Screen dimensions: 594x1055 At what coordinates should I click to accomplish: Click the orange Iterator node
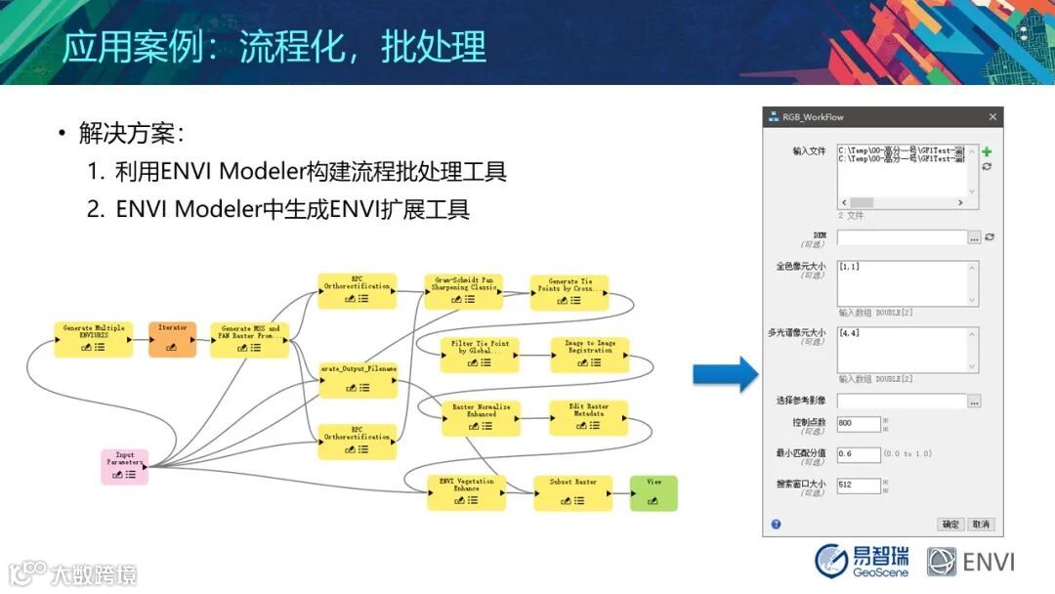tap(172, 338)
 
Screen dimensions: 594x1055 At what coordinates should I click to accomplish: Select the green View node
tap(653, 492)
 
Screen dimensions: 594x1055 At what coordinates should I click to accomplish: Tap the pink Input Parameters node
tap(124, 466)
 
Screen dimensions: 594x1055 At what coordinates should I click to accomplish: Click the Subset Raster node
tap(572, 492)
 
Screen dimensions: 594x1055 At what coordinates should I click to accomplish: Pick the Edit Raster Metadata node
tap(589, 417)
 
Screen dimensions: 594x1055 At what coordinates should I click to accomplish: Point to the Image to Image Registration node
tap(589, 355)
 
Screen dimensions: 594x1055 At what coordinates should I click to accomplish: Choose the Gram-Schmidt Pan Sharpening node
tap(463, 290)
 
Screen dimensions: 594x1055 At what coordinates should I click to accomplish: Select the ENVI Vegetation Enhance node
tap(467, 492)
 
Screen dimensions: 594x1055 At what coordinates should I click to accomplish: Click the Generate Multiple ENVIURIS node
tap(93, 338)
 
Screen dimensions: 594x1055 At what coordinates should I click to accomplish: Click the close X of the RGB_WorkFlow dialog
tap(992, 117)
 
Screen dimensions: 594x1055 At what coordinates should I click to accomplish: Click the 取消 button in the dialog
tap(981, 525)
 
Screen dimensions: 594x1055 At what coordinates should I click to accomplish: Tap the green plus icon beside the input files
tap(987, 152)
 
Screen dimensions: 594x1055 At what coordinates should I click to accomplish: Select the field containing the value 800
tap(859, 424)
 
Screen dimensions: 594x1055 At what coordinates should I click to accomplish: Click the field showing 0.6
tap(859, 454)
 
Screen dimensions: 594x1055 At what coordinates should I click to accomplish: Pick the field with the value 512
tap(859, 485)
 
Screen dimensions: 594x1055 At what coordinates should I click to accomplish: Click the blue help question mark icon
tap(776, 525)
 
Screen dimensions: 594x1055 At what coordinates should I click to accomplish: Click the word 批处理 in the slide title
tap(433, 46)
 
